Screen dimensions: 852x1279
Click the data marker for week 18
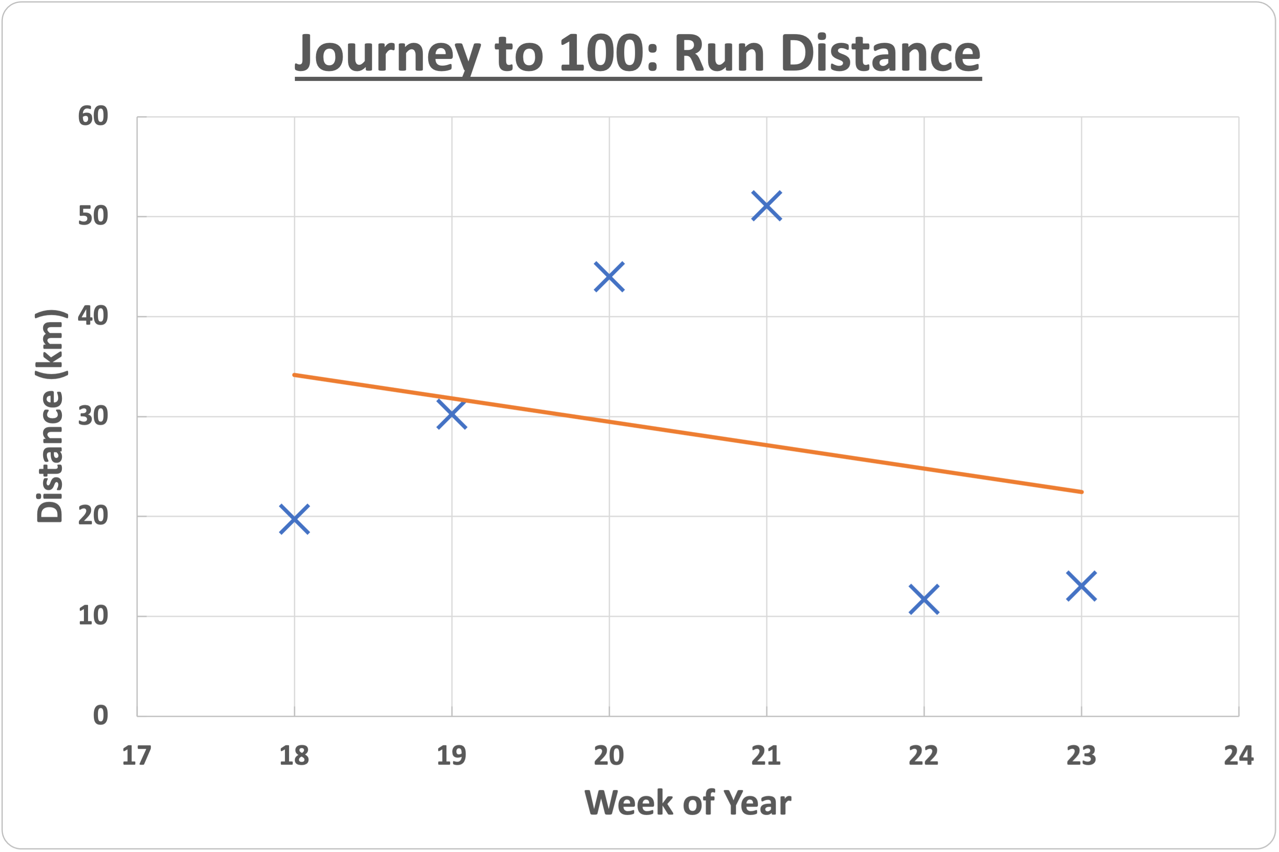[294, 519]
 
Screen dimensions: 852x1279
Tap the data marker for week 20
[609, 276]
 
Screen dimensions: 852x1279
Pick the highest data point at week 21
[767, 206]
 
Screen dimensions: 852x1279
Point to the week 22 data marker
[924, 599]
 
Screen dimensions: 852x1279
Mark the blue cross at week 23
[1081, 586]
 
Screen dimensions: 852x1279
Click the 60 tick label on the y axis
[93, 116]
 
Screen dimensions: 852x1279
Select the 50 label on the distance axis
[93, 216]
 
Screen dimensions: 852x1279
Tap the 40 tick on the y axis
[93, 316]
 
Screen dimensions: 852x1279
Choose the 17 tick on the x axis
[137, 756]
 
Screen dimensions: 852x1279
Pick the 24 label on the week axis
[1238, 756]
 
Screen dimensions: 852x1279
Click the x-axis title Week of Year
[688, 803]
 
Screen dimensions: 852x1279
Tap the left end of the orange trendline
[294, 375]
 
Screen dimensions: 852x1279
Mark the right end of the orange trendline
[1082, 492]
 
